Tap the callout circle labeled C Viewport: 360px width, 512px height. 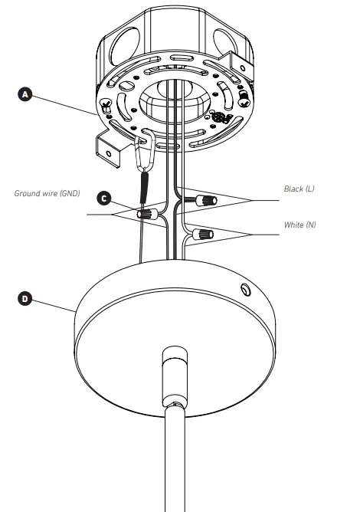[106, 198]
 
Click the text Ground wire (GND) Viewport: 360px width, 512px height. [47, 193]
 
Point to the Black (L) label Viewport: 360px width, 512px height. [299, 188]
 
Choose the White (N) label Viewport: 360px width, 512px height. [299, 225]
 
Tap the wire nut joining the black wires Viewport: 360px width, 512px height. [204, 201]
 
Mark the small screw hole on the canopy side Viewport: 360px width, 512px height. [244, 290]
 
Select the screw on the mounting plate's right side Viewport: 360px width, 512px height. [244, 99]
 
